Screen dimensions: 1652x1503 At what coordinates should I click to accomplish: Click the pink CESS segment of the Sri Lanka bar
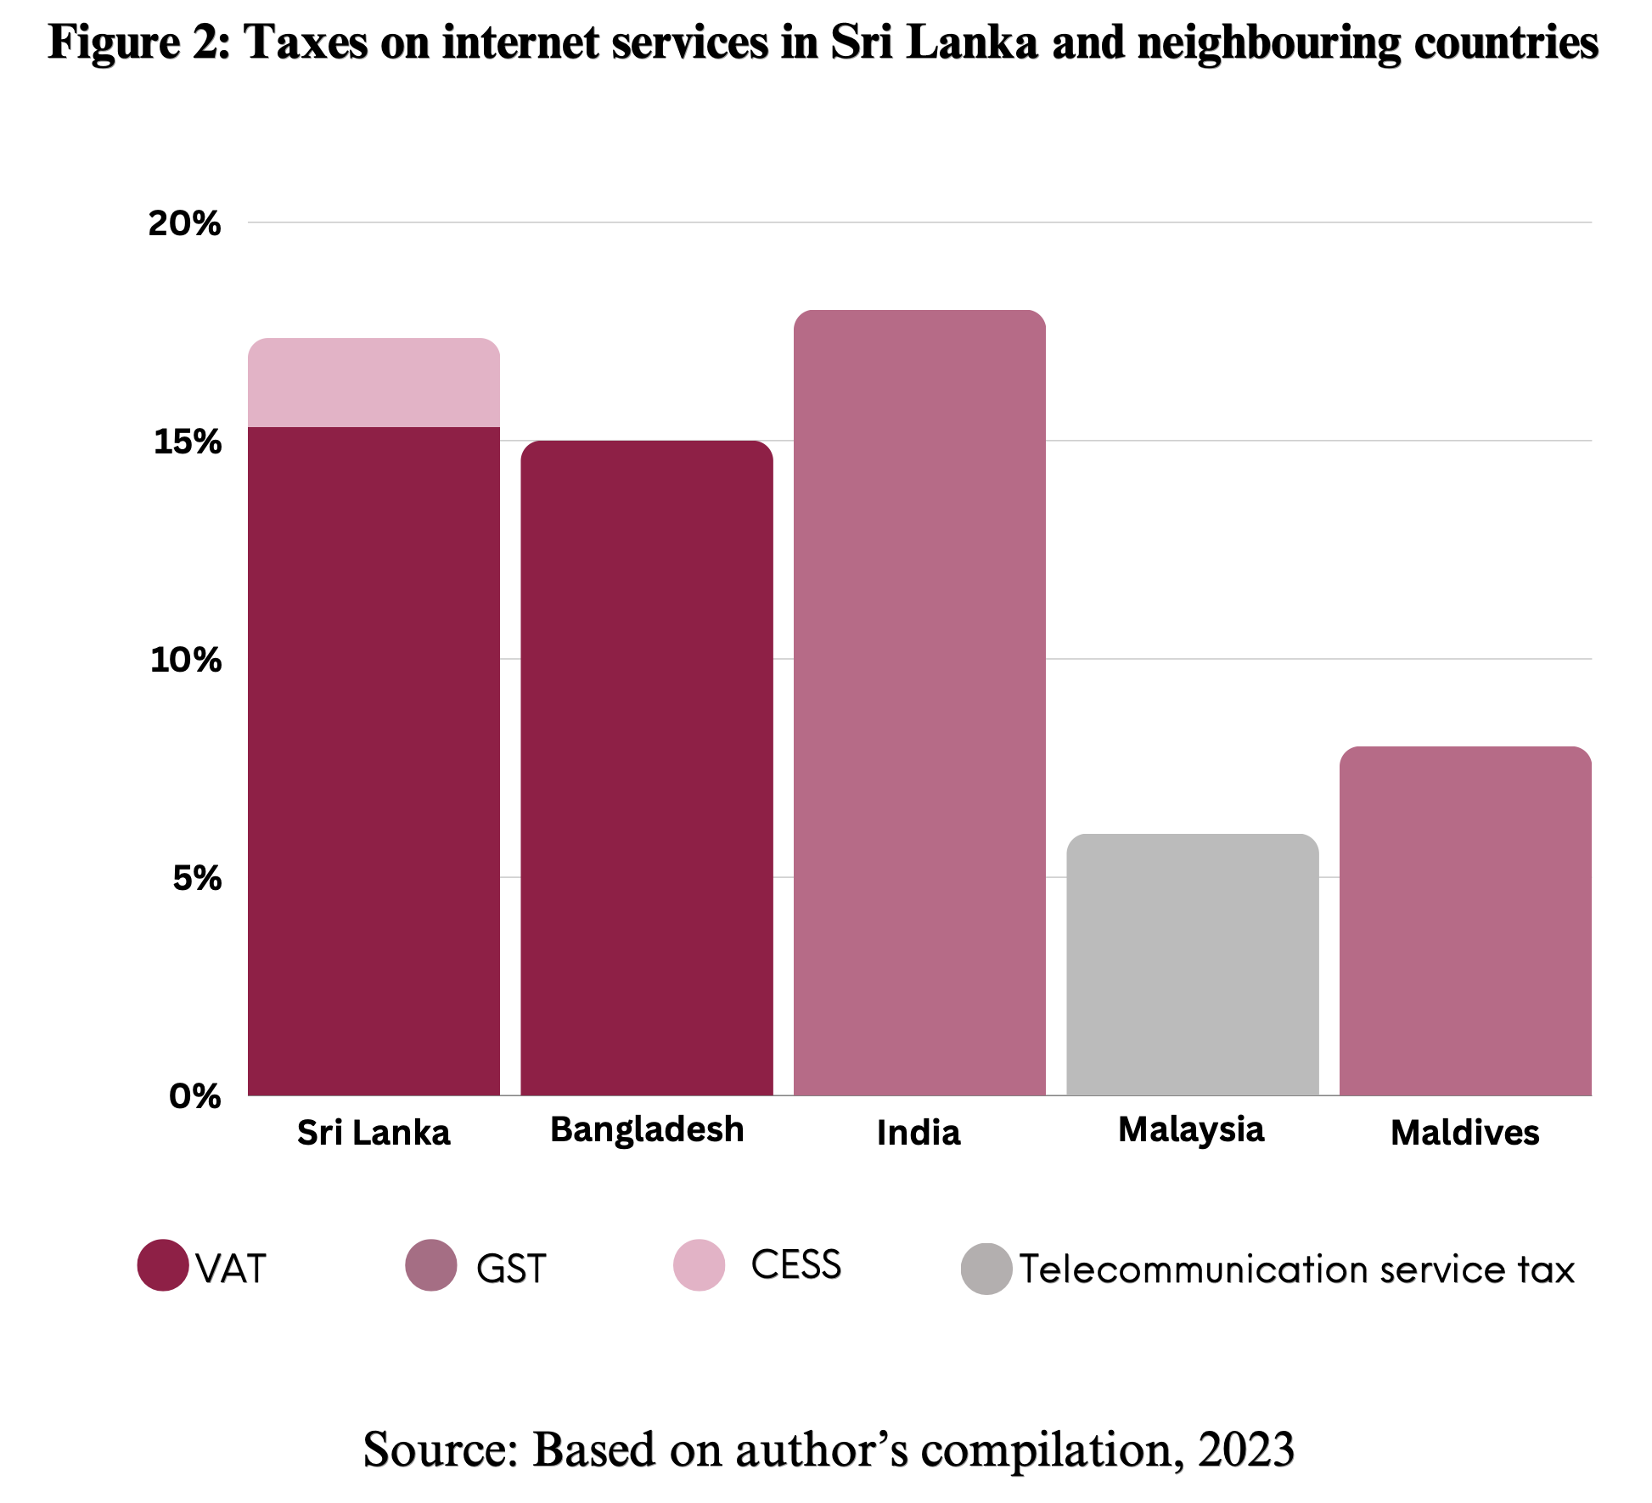click(374, 382)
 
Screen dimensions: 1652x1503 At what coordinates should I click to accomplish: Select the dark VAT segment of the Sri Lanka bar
click(374, 761)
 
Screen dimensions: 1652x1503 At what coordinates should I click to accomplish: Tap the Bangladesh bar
click(647, 768)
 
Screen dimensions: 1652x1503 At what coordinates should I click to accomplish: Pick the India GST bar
click(919, 702)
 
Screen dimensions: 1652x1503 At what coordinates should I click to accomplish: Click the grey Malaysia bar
click(1193, 965)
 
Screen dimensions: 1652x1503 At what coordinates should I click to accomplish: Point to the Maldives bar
click(1465, 920)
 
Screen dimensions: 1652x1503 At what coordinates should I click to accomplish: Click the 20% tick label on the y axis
click(184, 223)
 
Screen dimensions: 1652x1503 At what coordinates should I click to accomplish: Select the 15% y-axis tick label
click(187, 442)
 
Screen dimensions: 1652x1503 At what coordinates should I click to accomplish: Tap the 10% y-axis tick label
click(186, 660)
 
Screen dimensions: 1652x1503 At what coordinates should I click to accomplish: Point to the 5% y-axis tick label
click(197, 878)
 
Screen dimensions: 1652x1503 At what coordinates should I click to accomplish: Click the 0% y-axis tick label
click(195, 1096)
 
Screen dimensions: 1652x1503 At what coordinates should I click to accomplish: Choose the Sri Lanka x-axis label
click(374, 1133)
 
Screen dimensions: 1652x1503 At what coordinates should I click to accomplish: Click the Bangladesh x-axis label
click(647, 1130)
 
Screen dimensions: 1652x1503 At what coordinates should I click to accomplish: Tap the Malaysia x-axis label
click(1191, 1130)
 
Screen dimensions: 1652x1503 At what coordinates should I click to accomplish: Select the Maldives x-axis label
click(1465, 1133)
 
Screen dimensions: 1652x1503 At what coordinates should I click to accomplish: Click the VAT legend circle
click(163, 1265)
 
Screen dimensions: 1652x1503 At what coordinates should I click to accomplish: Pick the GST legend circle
click(431, 1265)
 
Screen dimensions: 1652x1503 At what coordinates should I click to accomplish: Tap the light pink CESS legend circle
click(700, 1265)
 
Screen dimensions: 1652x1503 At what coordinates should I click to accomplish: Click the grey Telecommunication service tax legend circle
click(986, 1269)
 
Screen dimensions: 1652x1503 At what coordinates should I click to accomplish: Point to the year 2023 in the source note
click(1246, 1450)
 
